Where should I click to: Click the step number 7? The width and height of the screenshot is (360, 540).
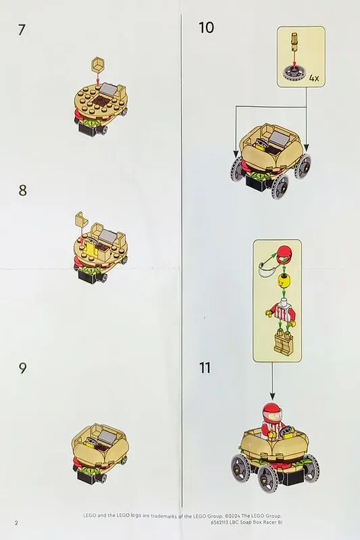tap(22, 30)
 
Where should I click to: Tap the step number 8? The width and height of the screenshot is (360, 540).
tap(23, 190)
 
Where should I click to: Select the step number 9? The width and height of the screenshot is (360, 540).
tap(22, 368)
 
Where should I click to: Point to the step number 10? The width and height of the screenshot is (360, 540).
tap(207, 28)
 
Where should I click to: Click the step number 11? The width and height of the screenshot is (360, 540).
tap(205, 368)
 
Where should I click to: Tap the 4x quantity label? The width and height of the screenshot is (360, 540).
tap(314, 78)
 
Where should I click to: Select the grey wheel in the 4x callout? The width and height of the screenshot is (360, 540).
tap(294, 73)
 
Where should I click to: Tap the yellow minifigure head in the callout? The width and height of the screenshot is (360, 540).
tap(284, 282)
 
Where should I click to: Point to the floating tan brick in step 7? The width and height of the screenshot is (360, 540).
tap(98, 64)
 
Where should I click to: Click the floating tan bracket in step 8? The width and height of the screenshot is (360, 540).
tap(81, 220)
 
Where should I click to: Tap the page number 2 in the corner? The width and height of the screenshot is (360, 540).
tap(16, 522)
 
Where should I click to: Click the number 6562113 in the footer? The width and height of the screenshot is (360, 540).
tap(220, 522)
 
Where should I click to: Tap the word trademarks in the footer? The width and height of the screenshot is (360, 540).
tap(165, 516)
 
